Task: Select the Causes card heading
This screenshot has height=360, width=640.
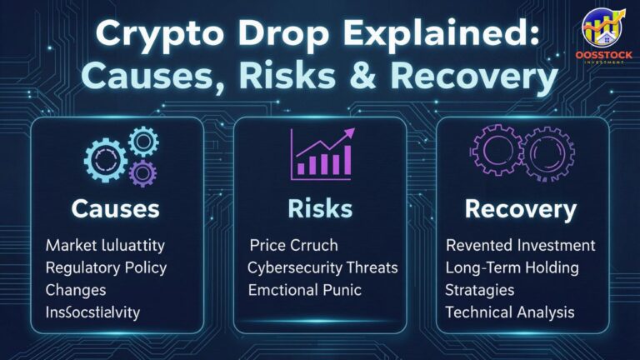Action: pos(117,208)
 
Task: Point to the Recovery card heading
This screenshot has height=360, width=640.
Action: pos(521,208)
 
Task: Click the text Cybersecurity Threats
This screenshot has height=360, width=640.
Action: pos(322,268)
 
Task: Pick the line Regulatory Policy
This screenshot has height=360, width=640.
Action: pos(106,268)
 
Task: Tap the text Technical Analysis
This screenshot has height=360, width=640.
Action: pos(510,313)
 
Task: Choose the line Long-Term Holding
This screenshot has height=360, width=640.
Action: pos(512,268)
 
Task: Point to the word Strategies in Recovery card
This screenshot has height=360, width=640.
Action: pos(480,291)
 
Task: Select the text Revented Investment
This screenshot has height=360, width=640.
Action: pos(521,246)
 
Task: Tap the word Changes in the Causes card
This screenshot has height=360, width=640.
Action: pos(77,291)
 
